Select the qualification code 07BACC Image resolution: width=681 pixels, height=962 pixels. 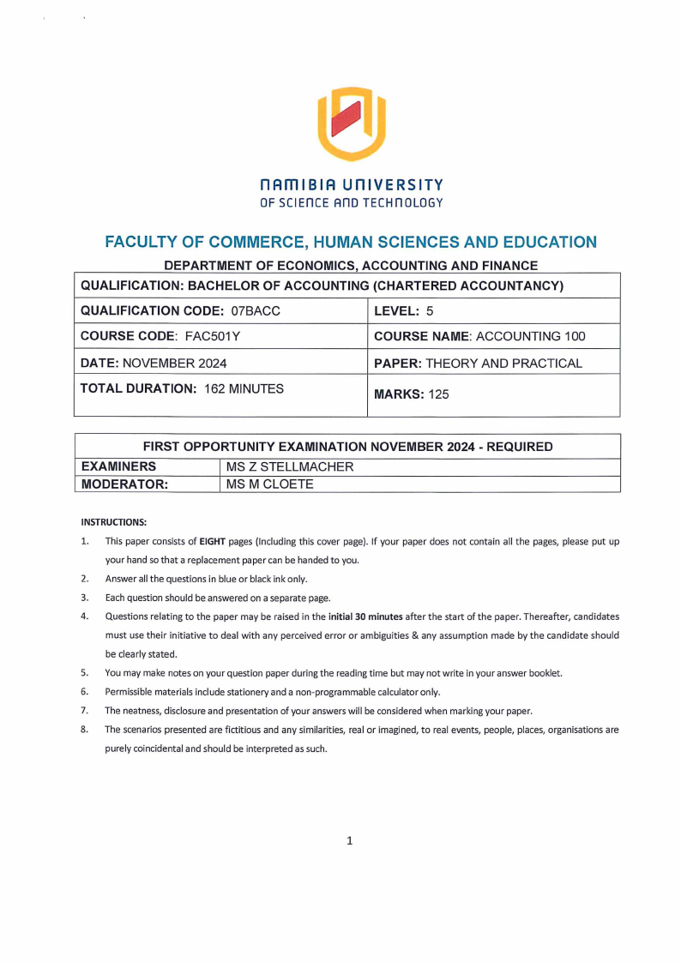pyautogui.click(x=256, y=310)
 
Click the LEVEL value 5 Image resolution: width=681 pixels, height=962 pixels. pyautogui.click(x=430, y=310)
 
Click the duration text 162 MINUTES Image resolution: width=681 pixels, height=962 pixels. pyautogui.click(x=244, y=388)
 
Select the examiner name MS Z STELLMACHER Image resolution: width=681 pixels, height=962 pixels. pyautogui.click(x=289, y=467)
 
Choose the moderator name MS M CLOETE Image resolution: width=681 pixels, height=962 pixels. pyautogui.click(x=269, y=484)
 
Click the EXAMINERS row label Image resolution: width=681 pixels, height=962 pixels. pyautogui.click(x=118, y=467)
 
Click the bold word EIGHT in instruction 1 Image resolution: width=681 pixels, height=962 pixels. pyautogui.click(x=213, y=542)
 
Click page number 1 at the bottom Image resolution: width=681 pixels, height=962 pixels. pyautogui.click(x=349, y=841)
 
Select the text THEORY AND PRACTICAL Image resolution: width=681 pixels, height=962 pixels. pyautogui.click(x=503, y=363)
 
